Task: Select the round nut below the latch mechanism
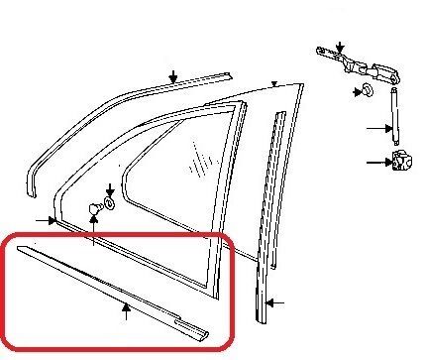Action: point(362,92)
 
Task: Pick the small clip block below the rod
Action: point(402,163)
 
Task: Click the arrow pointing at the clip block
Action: point(377,162)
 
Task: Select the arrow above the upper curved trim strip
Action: point(172,74)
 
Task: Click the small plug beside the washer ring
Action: point(94,207)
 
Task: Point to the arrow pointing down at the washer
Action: point(109,188)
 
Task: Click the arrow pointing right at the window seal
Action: point(46,219)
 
